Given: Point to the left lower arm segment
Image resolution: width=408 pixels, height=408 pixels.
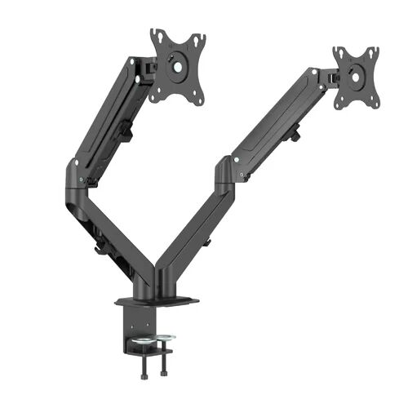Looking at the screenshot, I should (x=122, y=237).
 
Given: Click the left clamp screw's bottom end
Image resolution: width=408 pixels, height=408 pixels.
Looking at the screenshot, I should (x=146, y=362).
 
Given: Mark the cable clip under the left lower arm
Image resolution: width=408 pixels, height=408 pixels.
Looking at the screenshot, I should (x=100, y=242).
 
